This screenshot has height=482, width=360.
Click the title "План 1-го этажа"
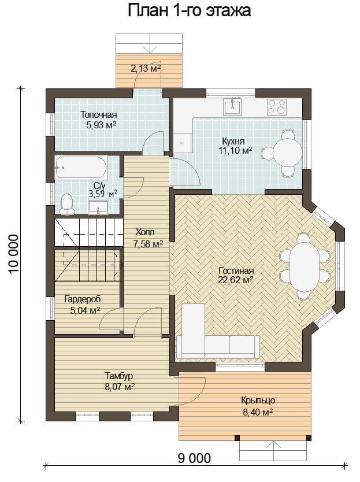click(189, 11)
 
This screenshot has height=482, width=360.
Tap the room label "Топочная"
click(99, 115)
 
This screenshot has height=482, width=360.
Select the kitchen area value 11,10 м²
click(237, 151)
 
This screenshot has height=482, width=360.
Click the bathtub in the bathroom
click(81, 168)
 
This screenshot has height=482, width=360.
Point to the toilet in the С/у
click(67, 204)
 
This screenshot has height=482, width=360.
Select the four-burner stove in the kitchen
click(277, 107)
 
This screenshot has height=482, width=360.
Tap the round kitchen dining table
click(288, 153)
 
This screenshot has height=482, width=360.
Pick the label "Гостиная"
click(236, 271)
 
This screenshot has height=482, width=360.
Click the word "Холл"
click(145, 232)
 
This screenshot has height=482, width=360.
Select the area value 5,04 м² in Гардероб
click(85, 310)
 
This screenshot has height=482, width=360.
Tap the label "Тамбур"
click(119, 376)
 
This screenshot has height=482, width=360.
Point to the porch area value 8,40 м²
click(258, 412)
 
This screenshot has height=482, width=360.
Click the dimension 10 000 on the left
click(14, 254)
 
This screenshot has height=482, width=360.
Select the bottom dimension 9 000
click(194, 458)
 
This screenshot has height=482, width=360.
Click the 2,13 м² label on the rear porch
click(146, 68)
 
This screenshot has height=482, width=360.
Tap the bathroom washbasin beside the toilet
click(98, 207)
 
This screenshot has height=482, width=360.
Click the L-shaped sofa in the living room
click(218, 331)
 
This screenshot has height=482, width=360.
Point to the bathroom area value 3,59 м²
click(103, 194)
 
